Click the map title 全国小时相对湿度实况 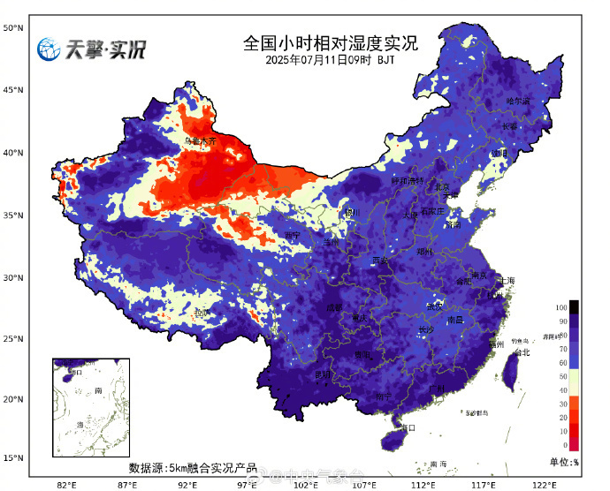click(330, 43)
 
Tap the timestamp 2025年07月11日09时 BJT click(330, 60)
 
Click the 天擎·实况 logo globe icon click(48, 49)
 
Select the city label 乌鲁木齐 click(200, 140)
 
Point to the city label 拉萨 click(202, 313)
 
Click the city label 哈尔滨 click(517, 102)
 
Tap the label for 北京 click(441, 187)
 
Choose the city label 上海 click(506, 280)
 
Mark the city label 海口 click(408, 427)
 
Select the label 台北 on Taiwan click(522, 352)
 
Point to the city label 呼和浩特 click(408, 181)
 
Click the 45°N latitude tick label click(12, 90)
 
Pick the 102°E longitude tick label click(304, 484)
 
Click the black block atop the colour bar click(574, 306)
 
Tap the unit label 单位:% click(563, 462)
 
